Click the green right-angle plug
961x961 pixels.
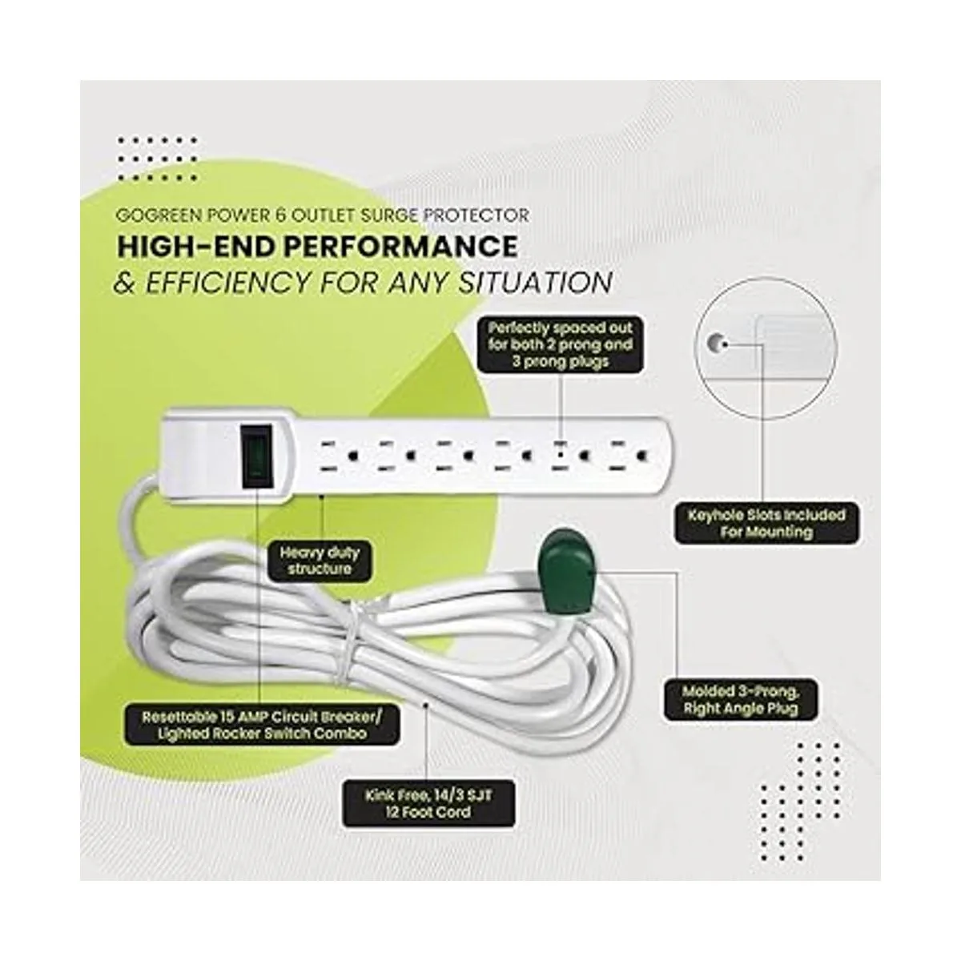pos(564,572)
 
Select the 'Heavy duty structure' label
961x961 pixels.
pos(320,561)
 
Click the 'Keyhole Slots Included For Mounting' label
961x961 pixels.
pos(767,524)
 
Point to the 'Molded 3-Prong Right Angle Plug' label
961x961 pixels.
pos(741,700)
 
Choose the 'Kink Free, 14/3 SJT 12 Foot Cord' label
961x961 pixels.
pos(428,803)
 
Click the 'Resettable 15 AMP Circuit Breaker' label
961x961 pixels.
pos(262,726)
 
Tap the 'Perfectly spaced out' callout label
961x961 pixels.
pos(560,344)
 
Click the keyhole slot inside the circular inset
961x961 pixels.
pos(714,343)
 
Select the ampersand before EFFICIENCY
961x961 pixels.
pos(125,283)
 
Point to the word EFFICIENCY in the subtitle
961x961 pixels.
pos(226,282)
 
